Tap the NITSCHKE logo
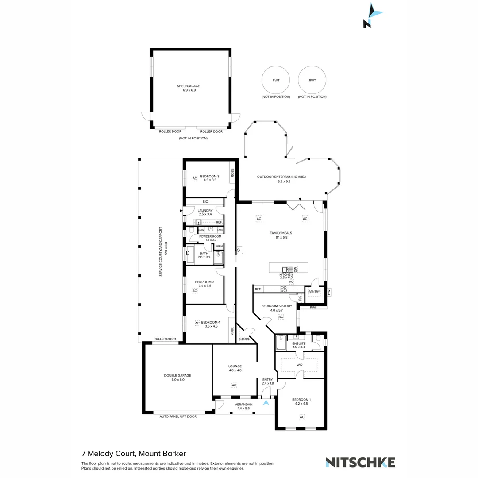pos(360,462)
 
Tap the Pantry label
pos(314,292)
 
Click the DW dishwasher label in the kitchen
pos(295,269)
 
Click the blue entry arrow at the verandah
pos(266,402)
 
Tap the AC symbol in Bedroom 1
pos(302,417)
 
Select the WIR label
pos(300,365)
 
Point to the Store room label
pos(244,339)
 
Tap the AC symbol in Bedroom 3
pos(194,178)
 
